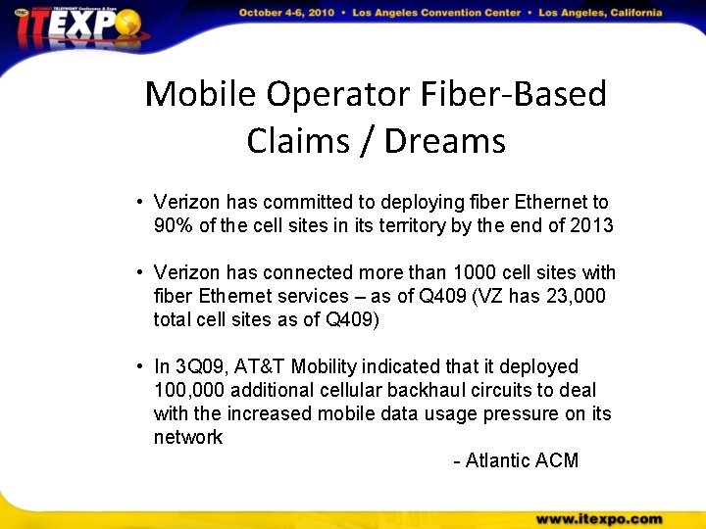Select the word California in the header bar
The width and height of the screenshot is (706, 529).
[x=626, y=14]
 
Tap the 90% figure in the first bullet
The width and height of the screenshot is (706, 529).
[x=173, y=225]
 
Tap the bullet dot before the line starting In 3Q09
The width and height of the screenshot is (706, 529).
[x=141, y=367]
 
